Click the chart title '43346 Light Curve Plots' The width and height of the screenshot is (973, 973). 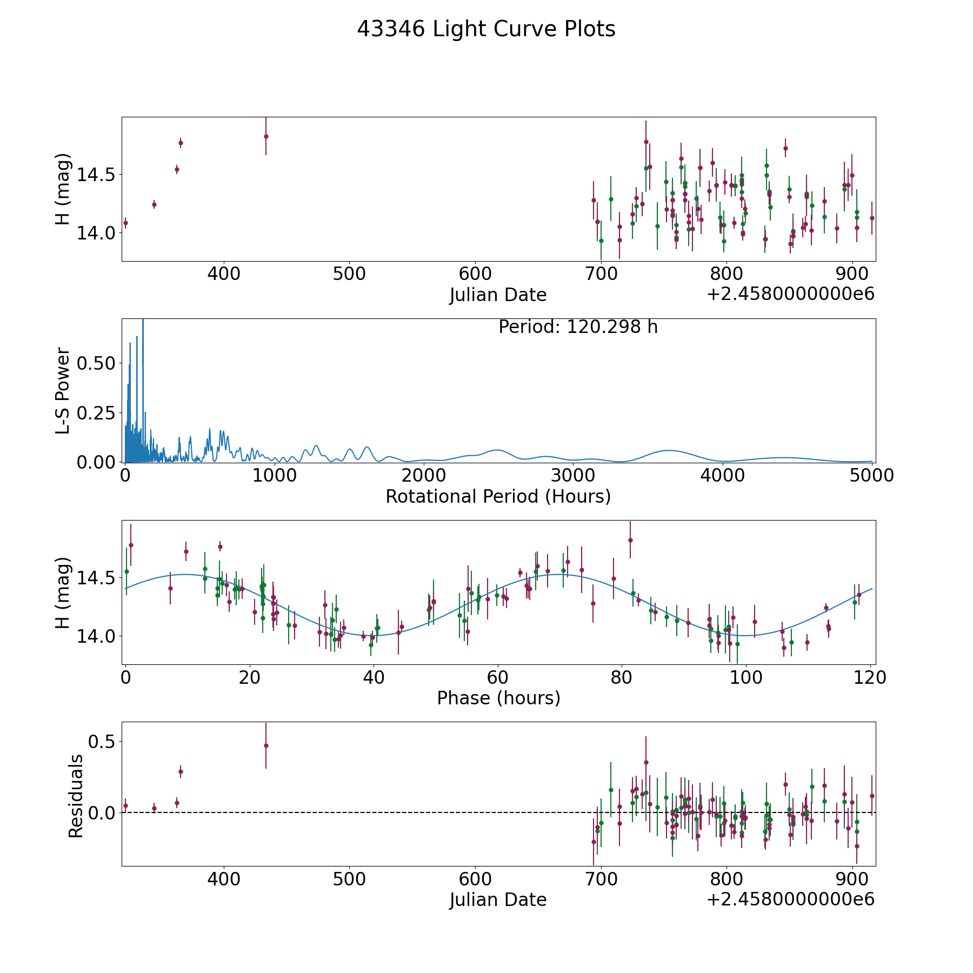486,29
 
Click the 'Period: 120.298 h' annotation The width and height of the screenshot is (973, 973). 578,327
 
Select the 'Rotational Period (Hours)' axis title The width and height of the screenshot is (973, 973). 498,496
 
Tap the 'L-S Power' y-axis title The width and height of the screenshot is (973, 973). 63,390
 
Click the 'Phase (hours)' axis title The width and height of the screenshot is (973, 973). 498,698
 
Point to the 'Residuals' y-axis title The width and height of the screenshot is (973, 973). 76,796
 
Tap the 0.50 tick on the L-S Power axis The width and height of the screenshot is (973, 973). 96,363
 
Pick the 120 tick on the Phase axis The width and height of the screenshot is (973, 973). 870,677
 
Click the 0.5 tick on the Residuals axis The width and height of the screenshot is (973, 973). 103,742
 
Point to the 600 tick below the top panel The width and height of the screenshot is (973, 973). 475,274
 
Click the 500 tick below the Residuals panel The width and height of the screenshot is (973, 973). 349,879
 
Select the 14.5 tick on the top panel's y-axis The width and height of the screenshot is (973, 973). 96,175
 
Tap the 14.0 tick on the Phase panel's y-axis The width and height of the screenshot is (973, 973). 96,636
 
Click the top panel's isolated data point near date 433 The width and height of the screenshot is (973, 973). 266,136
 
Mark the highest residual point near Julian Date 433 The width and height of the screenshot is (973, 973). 266,745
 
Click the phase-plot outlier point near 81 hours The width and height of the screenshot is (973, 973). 630,540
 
